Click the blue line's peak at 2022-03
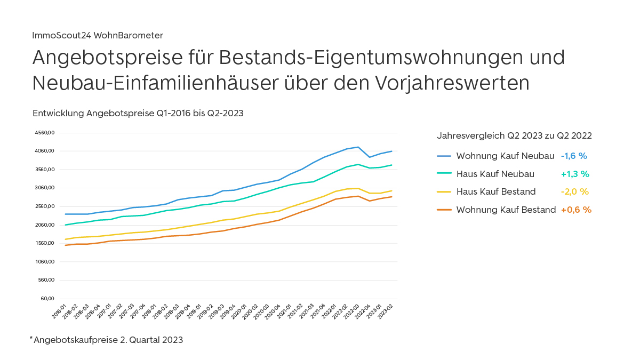click(358, 147)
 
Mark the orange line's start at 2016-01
click(65, 245)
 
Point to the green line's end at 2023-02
click(392, 165)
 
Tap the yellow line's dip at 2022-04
click(369, 193)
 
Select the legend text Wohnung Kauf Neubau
click(505, 156)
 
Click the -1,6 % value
click(574, 156)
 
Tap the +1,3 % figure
click(575, 174)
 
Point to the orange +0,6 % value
click(576, 210)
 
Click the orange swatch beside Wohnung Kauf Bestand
click(444, 210)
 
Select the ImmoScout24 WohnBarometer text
click(98, 35)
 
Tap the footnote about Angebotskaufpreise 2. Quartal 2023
click(107, 340)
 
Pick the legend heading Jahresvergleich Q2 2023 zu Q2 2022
click(514, 135)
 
